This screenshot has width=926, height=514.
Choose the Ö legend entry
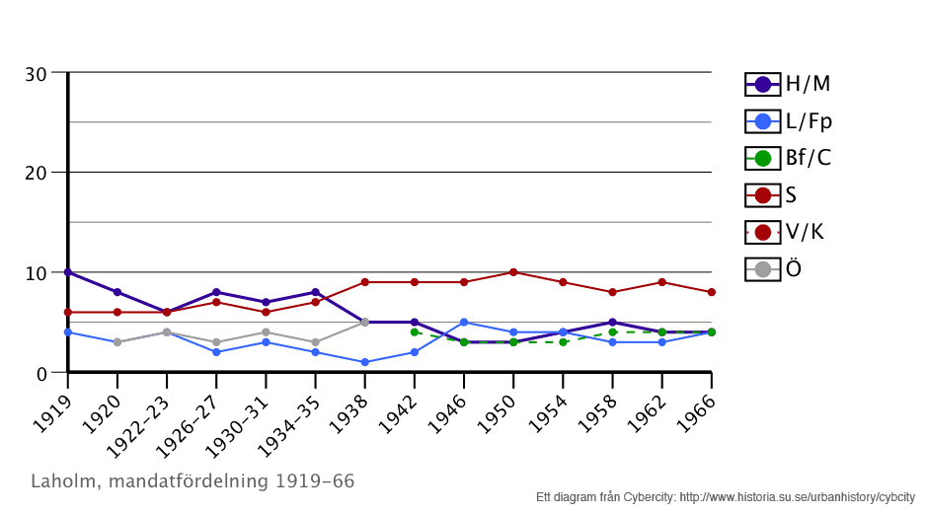[774, 268]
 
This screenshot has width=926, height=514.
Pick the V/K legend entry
[786, 232]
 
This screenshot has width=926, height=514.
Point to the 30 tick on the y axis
[37, 74]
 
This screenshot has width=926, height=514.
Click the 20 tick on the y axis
[37, 173]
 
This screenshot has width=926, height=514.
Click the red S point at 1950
[513, 272]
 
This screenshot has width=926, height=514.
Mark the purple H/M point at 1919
[68, 272]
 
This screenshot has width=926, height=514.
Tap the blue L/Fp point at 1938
[364, 362]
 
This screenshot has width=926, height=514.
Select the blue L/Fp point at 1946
[464, 323]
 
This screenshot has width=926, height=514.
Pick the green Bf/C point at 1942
[415, 332]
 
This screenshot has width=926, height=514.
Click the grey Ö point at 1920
[117, 342]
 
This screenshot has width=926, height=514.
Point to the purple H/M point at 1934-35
[315, 292]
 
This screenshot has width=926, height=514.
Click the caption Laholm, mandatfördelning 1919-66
[193, 481]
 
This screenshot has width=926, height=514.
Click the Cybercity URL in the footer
[798, 496]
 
